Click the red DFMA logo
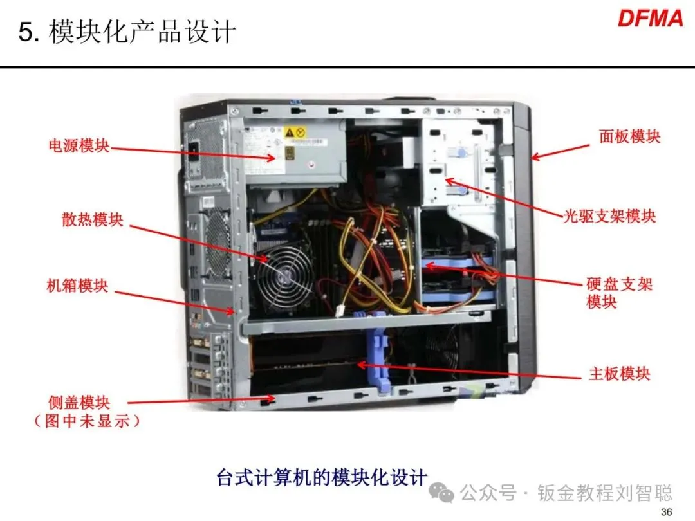[x=650, y=19]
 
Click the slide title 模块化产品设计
[x=142, y=32]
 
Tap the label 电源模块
[x=79, y=145]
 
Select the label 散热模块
[x=92, y=219]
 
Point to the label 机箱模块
[x=78, y=286]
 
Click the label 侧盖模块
[x=79, y=402]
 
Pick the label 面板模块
[x=629, y=136]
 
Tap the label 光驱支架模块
[x=609, y=216]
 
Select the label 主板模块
[x=619, y=374]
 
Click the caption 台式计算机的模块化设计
[x=322, y=478]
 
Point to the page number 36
[x=666, y=512]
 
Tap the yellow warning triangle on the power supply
[x=289, y=132]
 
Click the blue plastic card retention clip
[x=376, y=350]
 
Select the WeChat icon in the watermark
[x=441, y=492]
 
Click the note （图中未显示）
[x=87, y=421]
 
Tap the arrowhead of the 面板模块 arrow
[x=535, y=158]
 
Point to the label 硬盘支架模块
[x=619, y=293]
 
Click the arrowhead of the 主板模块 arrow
[x=361, y=365]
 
